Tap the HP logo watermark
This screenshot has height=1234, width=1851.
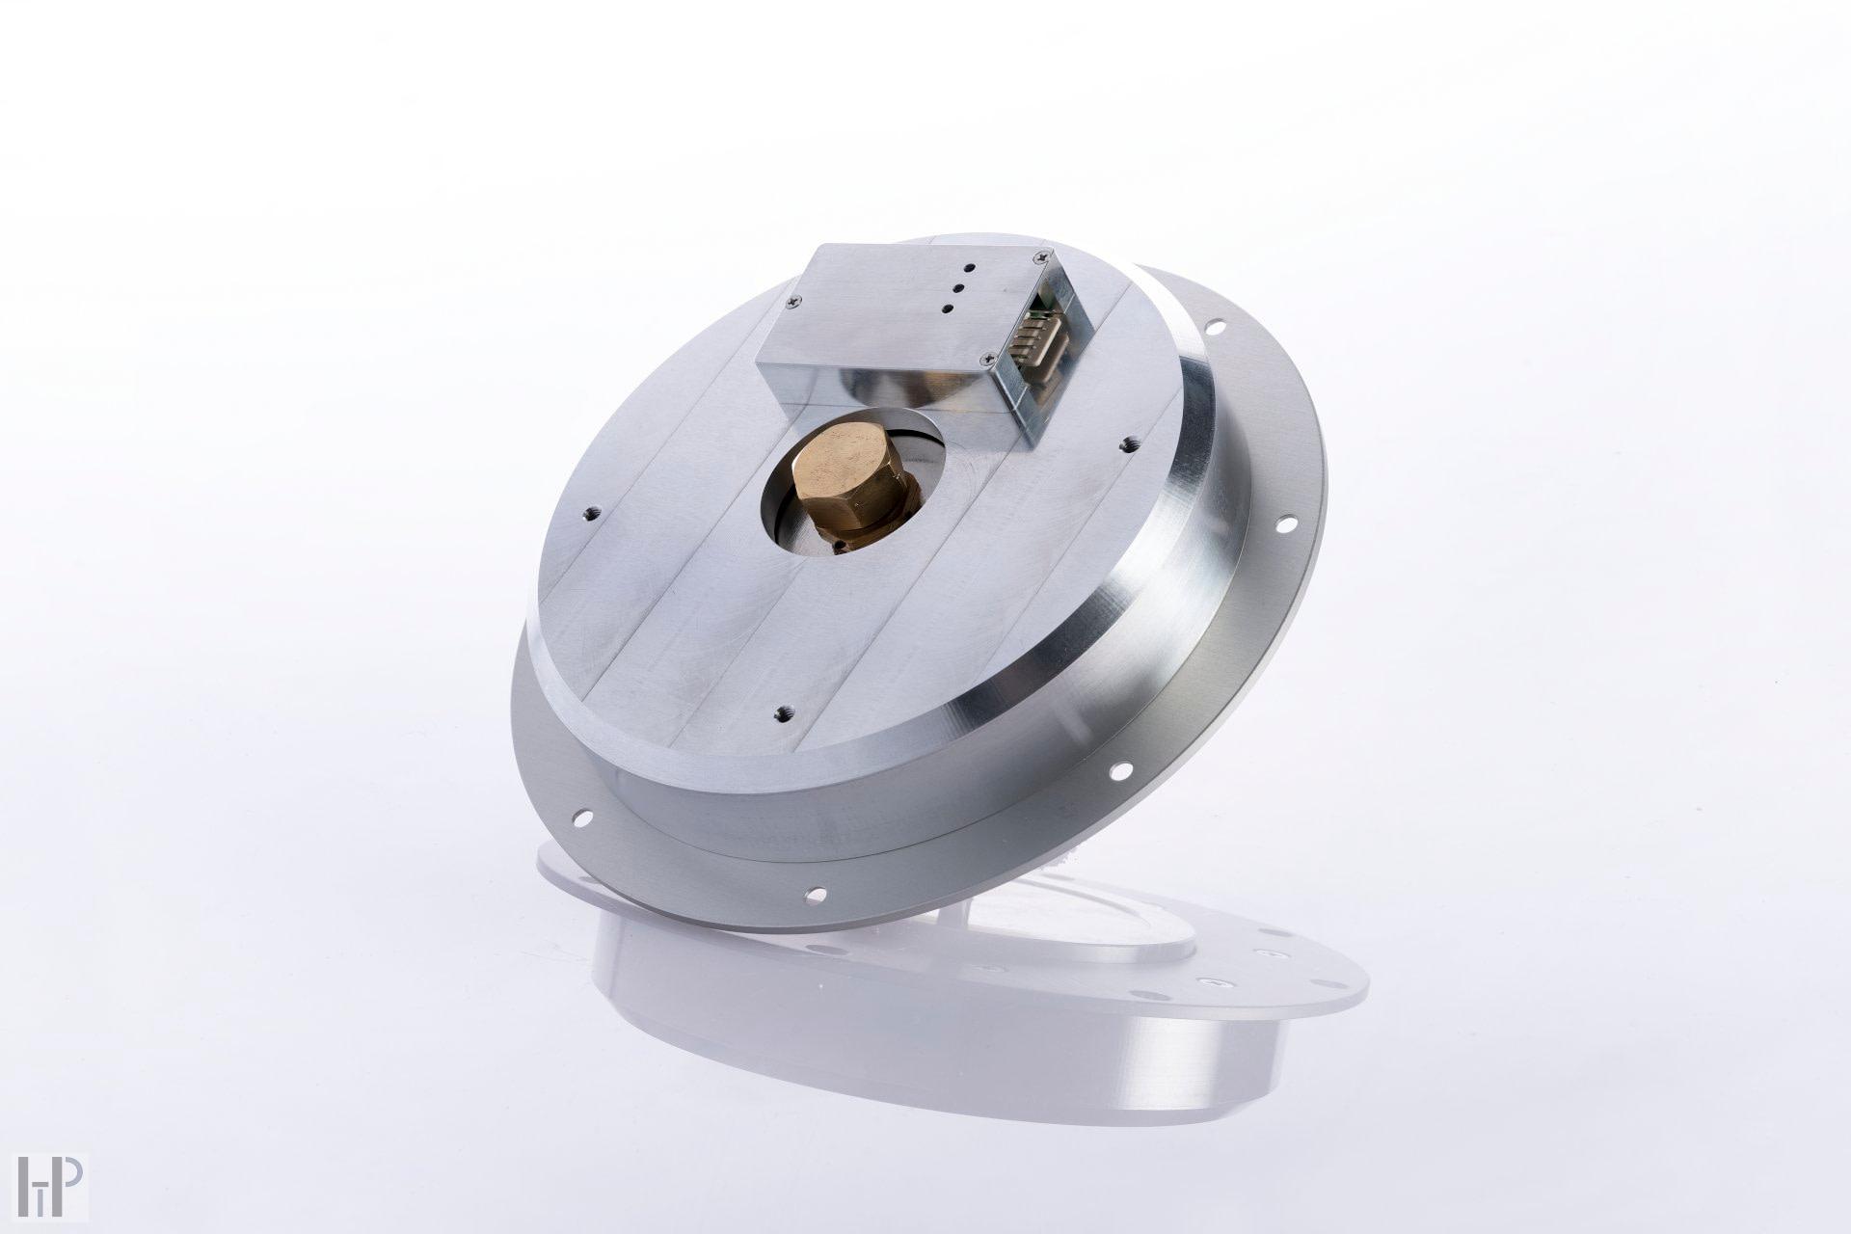coord(51,1187)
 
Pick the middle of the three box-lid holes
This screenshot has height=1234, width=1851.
coord(957,286)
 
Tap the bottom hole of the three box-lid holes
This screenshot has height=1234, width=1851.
coord(947,308)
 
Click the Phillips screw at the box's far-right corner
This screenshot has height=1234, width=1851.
coord(1040,255)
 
